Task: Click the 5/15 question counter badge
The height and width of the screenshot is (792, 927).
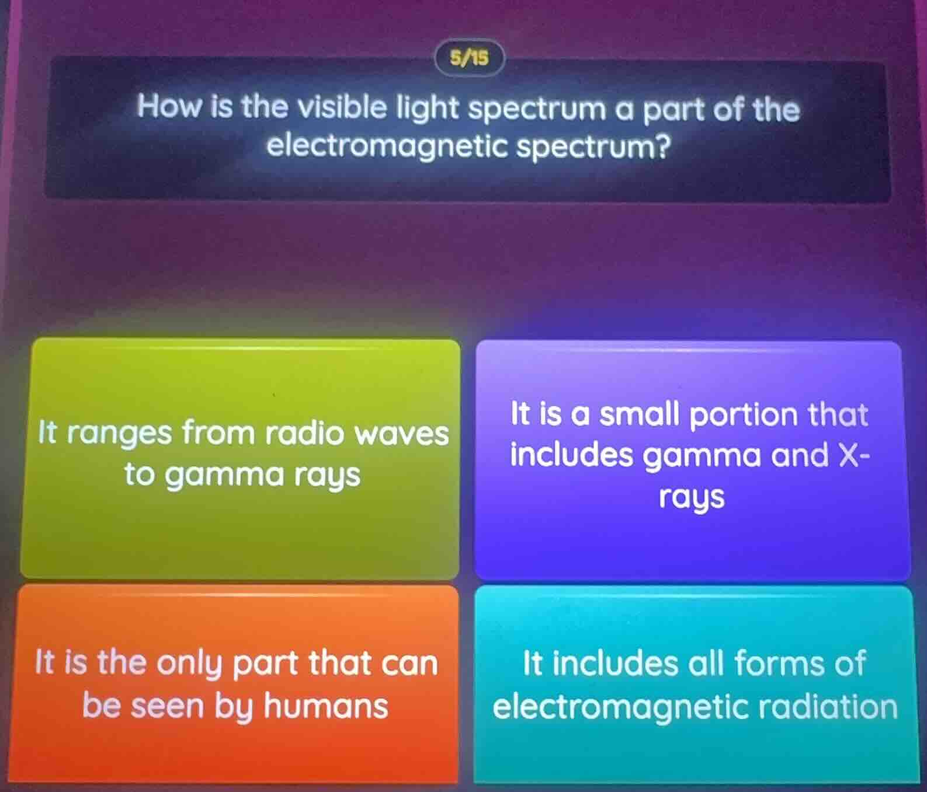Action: click(469, 57)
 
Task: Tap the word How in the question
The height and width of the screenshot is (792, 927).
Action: click(168, 107)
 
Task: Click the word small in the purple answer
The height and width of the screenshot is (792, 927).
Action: click(640, 415)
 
